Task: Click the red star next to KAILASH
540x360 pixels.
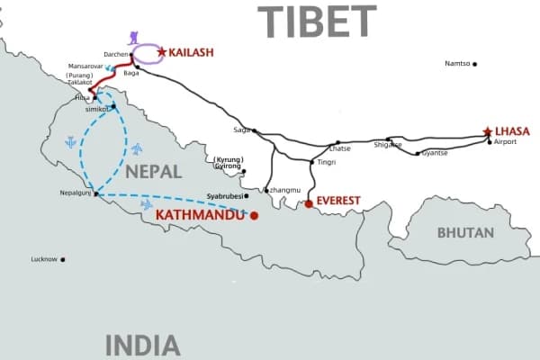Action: click(162, 52)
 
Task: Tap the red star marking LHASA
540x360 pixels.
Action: click(488, 131)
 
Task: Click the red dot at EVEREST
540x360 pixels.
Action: click(309, 203)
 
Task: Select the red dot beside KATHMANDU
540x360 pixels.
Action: click(254, 215)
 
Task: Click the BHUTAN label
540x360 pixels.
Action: click(465, 232)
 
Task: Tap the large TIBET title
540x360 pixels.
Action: click(317, 22)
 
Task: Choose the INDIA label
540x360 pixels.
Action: click(143, 345)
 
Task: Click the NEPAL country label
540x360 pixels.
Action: click(154, 171)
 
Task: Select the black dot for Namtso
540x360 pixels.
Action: click(475, 64)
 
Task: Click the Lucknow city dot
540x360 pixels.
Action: click(62, 259)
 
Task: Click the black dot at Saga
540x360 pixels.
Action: click(255, 130)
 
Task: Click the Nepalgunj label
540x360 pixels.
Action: click(76, 193)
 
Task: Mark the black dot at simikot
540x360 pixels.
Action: click(114, 107)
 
